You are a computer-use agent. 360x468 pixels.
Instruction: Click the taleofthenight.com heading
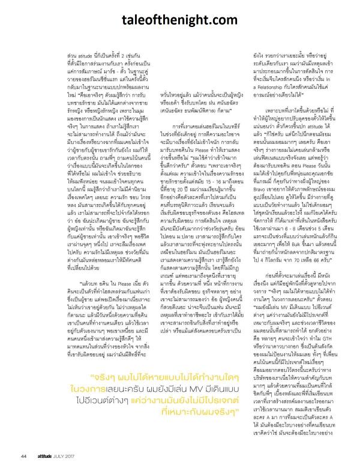[x=179, y=20]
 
